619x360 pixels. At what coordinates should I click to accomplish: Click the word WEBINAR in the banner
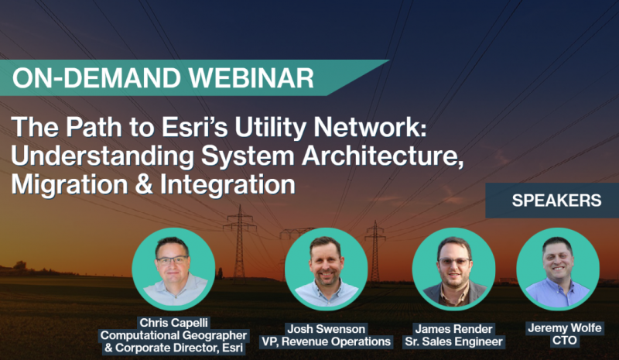point(251,78)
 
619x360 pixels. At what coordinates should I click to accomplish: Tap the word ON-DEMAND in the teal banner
point(97,78)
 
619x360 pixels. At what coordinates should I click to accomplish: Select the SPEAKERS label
point(556,201)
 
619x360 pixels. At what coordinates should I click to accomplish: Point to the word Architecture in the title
point(382,156)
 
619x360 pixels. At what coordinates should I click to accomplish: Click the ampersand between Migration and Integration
point(144,184)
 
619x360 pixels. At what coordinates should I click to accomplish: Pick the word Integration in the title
point(227,185)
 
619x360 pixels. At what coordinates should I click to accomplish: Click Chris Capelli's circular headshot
point(173,269)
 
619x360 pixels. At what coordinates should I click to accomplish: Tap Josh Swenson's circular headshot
point(326,269)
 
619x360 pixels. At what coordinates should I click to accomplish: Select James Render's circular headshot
point(453,269)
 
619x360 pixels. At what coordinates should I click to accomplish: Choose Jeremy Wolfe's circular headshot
point(558,269)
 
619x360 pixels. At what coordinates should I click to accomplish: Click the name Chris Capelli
point(173,323)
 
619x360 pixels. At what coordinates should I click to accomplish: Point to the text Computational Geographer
point(173,335)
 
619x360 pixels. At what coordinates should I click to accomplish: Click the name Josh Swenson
point(326,329)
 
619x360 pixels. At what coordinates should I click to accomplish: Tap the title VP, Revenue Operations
point(326,341)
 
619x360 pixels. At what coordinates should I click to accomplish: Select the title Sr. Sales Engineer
point(454,341)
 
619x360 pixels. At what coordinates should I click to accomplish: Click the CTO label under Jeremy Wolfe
point(565,340)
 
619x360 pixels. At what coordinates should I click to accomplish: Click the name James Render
point(454,329)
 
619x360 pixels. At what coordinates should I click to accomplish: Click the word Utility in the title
point(270,128)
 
